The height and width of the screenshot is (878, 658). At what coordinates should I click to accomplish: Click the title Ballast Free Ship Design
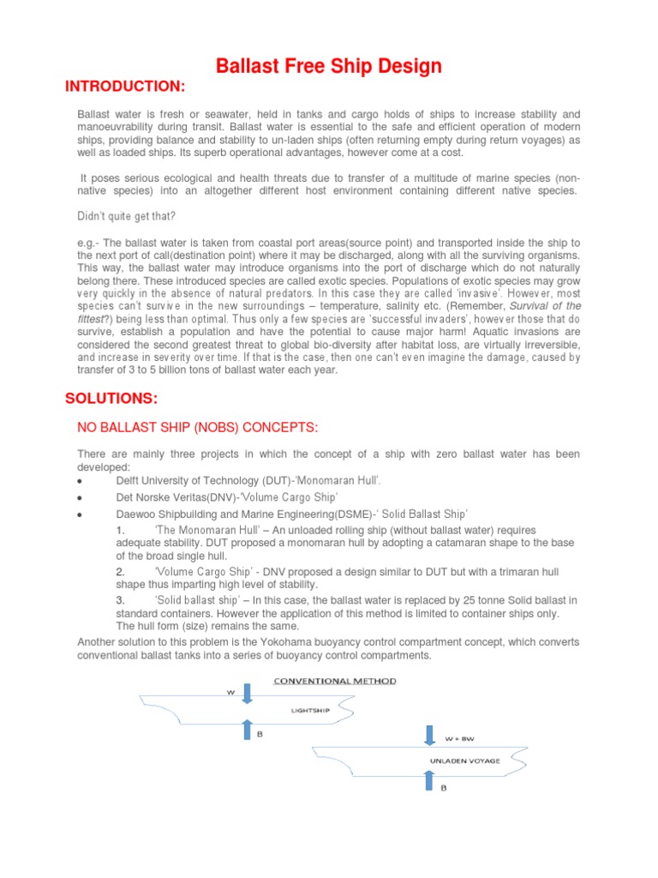[328, 66]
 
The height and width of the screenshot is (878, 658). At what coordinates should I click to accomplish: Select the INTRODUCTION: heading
[125, 87]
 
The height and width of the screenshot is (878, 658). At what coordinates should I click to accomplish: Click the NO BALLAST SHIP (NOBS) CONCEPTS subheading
[199, 427]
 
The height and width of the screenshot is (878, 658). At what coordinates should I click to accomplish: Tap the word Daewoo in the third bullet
[136, 514]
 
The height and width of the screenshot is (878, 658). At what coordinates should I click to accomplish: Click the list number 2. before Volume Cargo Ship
[120, 571]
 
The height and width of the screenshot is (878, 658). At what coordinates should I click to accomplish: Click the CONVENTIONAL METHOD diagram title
[334, 681]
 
